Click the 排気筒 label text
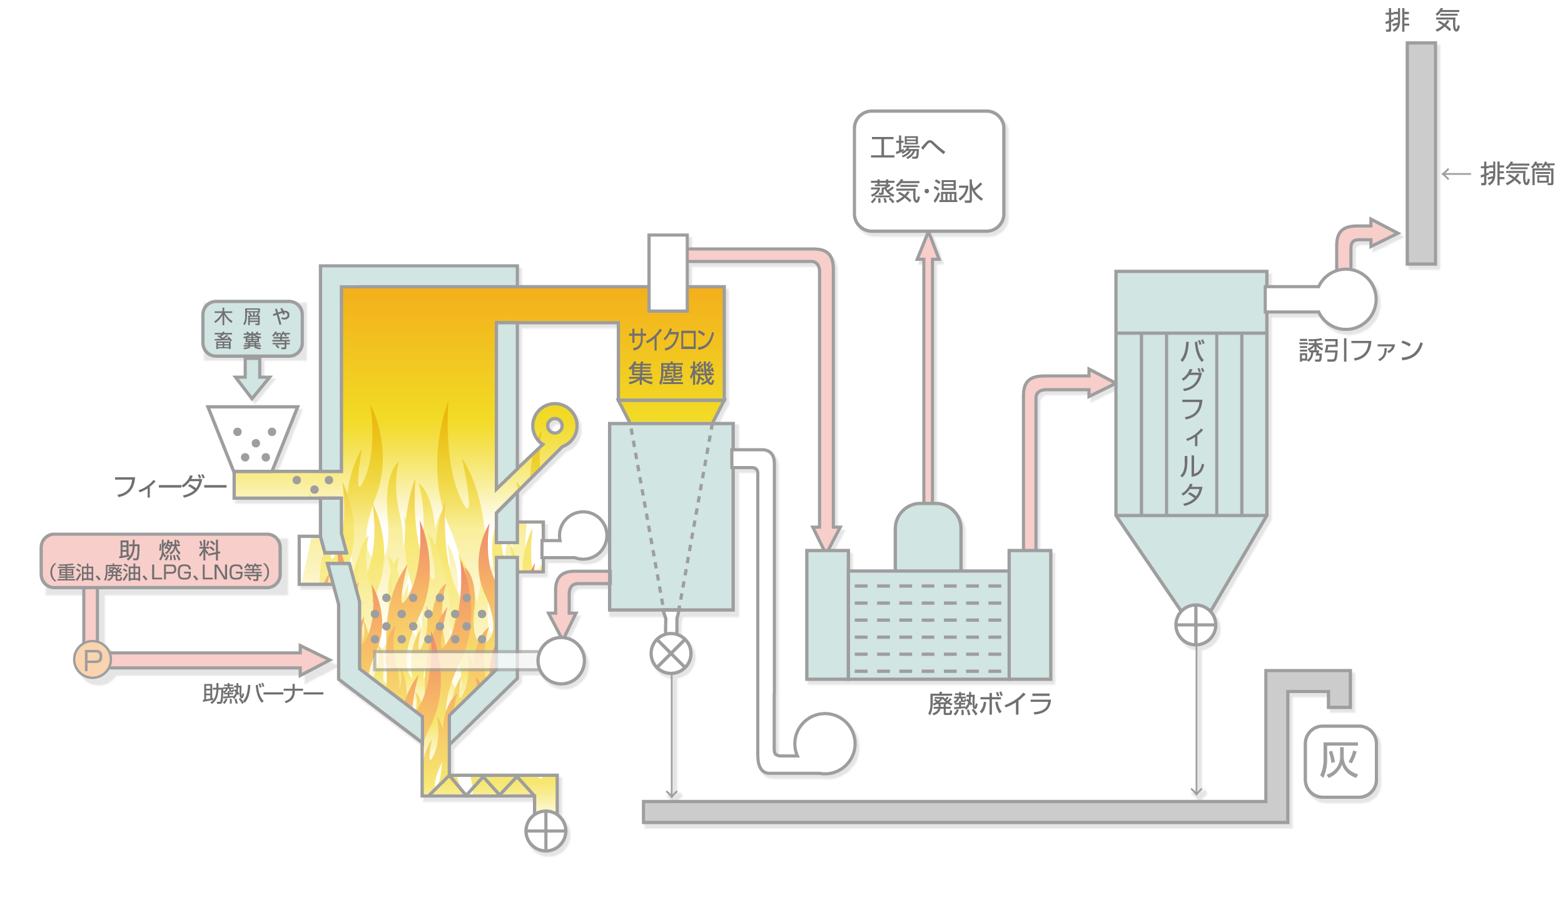pos(1516,174)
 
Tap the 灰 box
pos(1340,761)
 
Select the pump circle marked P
pos(93,659)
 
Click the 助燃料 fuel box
pos(161,560)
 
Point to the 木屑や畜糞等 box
pos(252,328)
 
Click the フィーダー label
pos(170,487)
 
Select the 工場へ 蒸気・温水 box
pos(928,171)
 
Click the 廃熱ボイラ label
pos(990,704)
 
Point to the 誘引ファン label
pos(1360,350)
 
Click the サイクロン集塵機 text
pos(671,357)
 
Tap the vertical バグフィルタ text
pos(1192,422)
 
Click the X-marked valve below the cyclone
pos(671,654)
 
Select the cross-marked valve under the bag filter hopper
pos(1195,625)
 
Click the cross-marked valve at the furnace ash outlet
pos(545,831)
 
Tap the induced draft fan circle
pos(1347,299)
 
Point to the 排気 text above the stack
pos(1421,21)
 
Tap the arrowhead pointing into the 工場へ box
pos(928,246)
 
